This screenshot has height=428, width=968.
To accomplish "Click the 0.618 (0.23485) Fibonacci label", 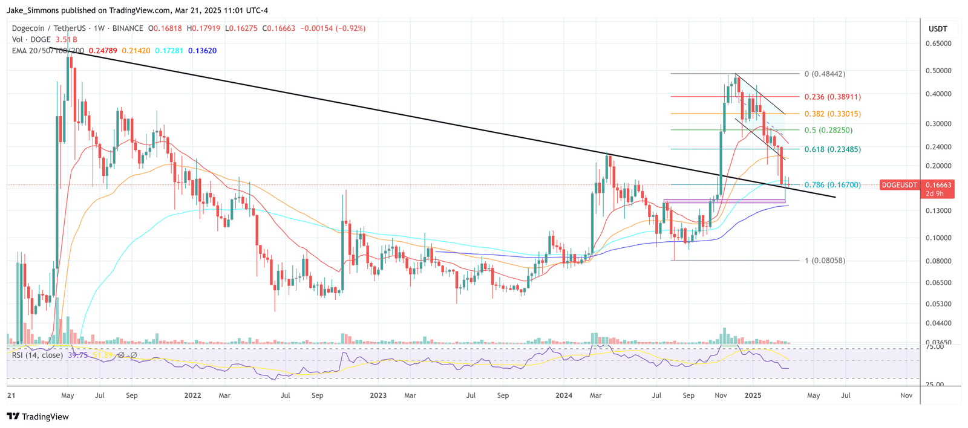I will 832,149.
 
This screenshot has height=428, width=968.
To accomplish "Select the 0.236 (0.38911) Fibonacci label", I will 832,97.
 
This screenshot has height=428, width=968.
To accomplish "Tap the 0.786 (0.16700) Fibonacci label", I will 832,185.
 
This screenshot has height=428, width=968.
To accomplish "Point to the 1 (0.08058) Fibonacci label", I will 825,261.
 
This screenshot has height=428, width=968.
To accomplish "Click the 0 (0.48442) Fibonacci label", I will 825,74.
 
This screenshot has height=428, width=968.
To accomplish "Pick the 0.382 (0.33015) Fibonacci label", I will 832,114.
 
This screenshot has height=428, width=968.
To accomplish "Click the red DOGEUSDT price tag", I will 898,185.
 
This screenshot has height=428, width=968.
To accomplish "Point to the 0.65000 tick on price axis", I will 938,44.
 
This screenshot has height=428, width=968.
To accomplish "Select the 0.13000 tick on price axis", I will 938,210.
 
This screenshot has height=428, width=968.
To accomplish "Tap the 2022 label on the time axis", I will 192,395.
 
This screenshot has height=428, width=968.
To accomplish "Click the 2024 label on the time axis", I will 563,395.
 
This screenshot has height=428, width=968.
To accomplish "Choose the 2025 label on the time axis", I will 753,395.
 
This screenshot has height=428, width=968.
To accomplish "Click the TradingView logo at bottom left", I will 38,417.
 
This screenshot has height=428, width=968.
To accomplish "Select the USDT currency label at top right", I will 938,28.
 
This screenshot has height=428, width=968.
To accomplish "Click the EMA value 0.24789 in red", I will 102,51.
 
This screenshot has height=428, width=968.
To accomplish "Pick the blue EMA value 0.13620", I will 202,51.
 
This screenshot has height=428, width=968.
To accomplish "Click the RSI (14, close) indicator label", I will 38,355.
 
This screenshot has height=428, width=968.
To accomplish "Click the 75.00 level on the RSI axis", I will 935,346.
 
